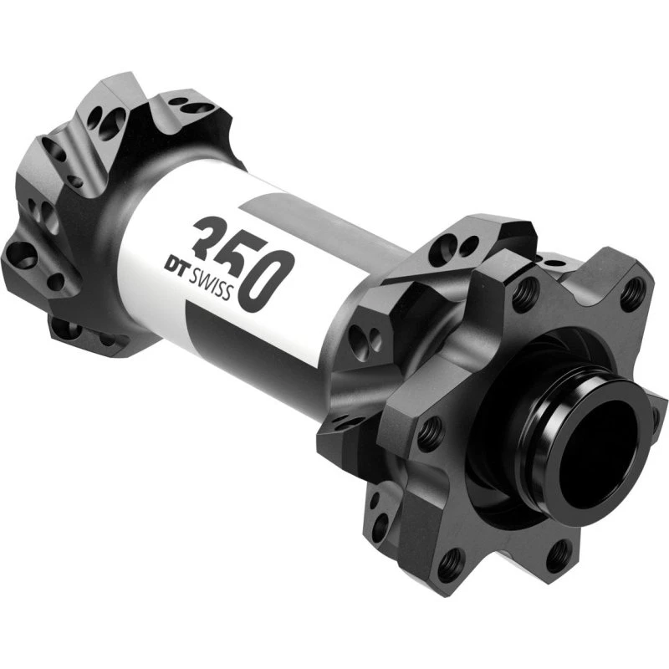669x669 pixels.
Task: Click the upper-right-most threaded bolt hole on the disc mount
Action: pos(633,294)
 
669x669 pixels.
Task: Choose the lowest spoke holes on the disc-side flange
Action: pos(351,423)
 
